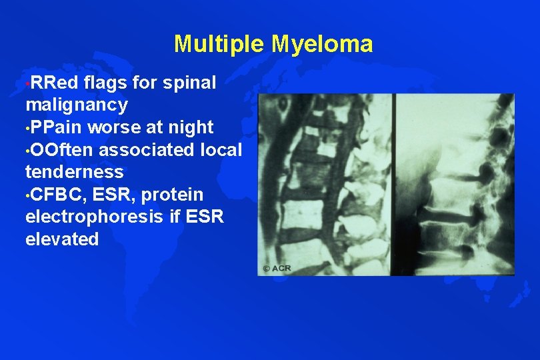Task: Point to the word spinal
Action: tap(189, 83)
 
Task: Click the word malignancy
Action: tap(76, 105)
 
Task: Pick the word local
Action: tap(221, 149)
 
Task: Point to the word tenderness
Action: tap(74, 172)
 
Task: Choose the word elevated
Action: tap(61, 239)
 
